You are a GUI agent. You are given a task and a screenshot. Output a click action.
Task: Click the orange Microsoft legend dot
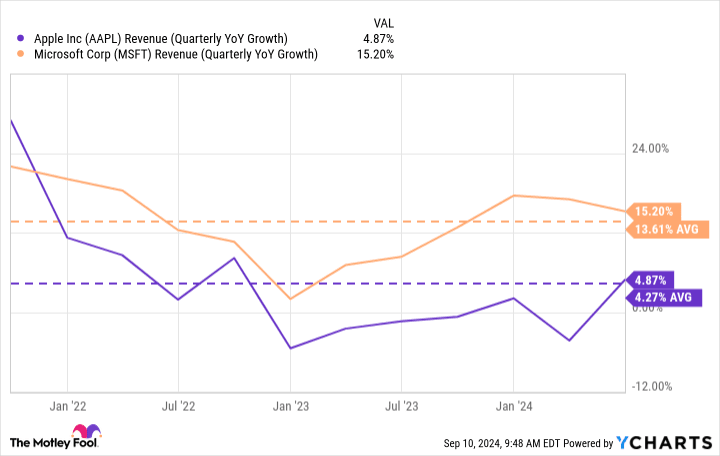click(x=21, y=54)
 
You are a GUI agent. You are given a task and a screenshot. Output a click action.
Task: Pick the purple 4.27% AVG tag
click(x=665, y=297)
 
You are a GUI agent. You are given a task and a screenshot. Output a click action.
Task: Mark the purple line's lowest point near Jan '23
click(x=290, y=348)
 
